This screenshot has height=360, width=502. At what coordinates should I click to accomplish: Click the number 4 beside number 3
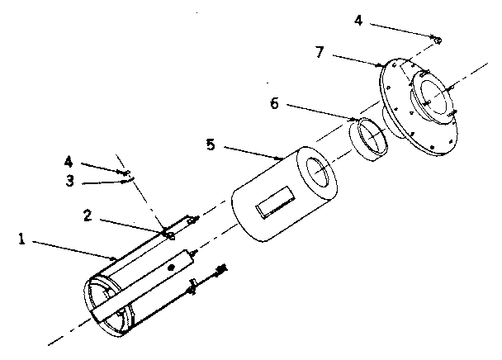click(69, 160)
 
